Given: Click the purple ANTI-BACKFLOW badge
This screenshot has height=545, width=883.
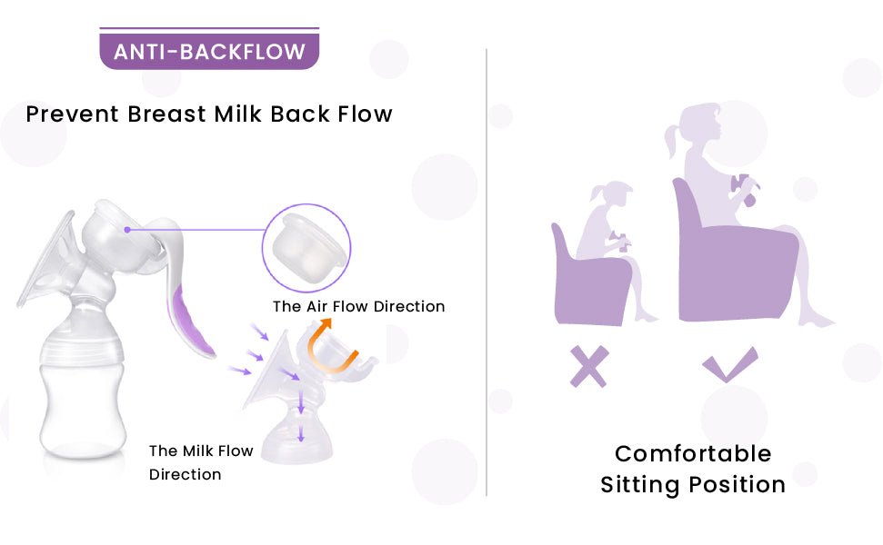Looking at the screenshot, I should click(x=209, y=51).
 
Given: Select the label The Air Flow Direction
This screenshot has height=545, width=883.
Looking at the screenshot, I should click(x=358, y=306).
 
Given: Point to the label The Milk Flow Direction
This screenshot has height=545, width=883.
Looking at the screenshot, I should click(x=201, y=462).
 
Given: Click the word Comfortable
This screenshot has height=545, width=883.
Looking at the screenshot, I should click(x=693, y=453).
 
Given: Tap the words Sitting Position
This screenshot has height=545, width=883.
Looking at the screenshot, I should click(x=693, y=485).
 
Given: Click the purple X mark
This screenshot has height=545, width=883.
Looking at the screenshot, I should click(x=588, y=366).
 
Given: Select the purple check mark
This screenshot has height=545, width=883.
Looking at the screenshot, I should click(x=728, y=365).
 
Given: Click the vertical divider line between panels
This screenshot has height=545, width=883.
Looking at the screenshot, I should click(x=487, y=272).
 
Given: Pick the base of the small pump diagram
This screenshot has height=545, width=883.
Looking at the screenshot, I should click(x=297, y=441).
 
